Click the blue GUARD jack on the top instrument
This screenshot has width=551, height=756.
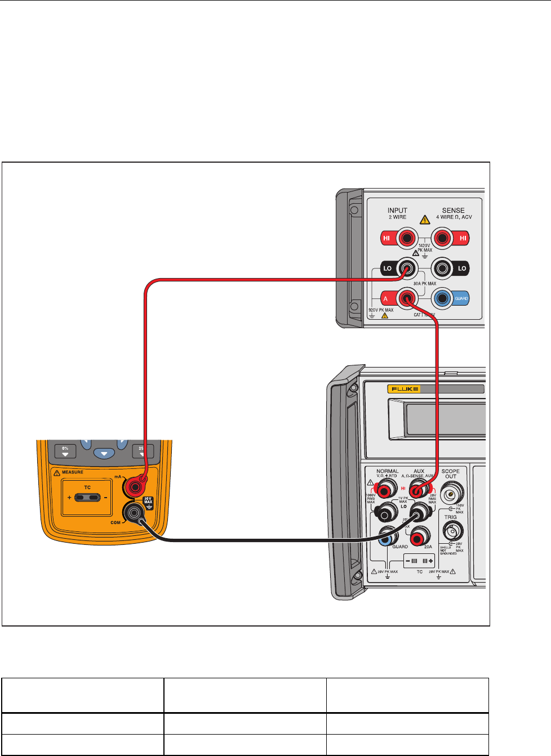point(443,298)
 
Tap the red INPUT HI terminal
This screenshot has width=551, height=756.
point(406,238)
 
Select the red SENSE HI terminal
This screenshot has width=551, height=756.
point(443,238)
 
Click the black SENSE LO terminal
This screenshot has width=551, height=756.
point(443,269)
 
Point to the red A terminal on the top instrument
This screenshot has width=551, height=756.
point(406,298)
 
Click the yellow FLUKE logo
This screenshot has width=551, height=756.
point(403,389)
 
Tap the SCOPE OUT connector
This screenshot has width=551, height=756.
point(451,495)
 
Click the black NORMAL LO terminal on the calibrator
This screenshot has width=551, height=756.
point(386,512)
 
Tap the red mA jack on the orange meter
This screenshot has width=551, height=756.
point(135,485)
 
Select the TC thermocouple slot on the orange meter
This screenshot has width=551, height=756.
point(87,498)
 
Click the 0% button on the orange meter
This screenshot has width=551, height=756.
point(65,451)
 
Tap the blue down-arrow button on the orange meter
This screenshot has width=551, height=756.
point(104,453)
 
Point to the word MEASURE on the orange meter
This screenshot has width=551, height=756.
point(72,472)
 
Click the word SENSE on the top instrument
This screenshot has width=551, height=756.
point(453,211)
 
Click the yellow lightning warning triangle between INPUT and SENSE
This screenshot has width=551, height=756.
point(425,220)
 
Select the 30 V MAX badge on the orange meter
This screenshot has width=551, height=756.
point(148,500)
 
